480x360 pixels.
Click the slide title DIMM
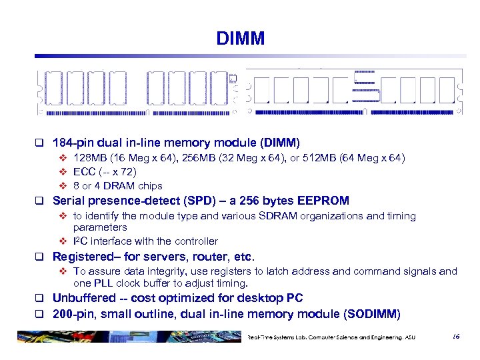(x=240, y=38)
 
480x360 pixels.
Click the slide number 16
(x=455, y=337)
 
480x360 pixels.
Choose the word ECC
(x=85, y=172)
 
